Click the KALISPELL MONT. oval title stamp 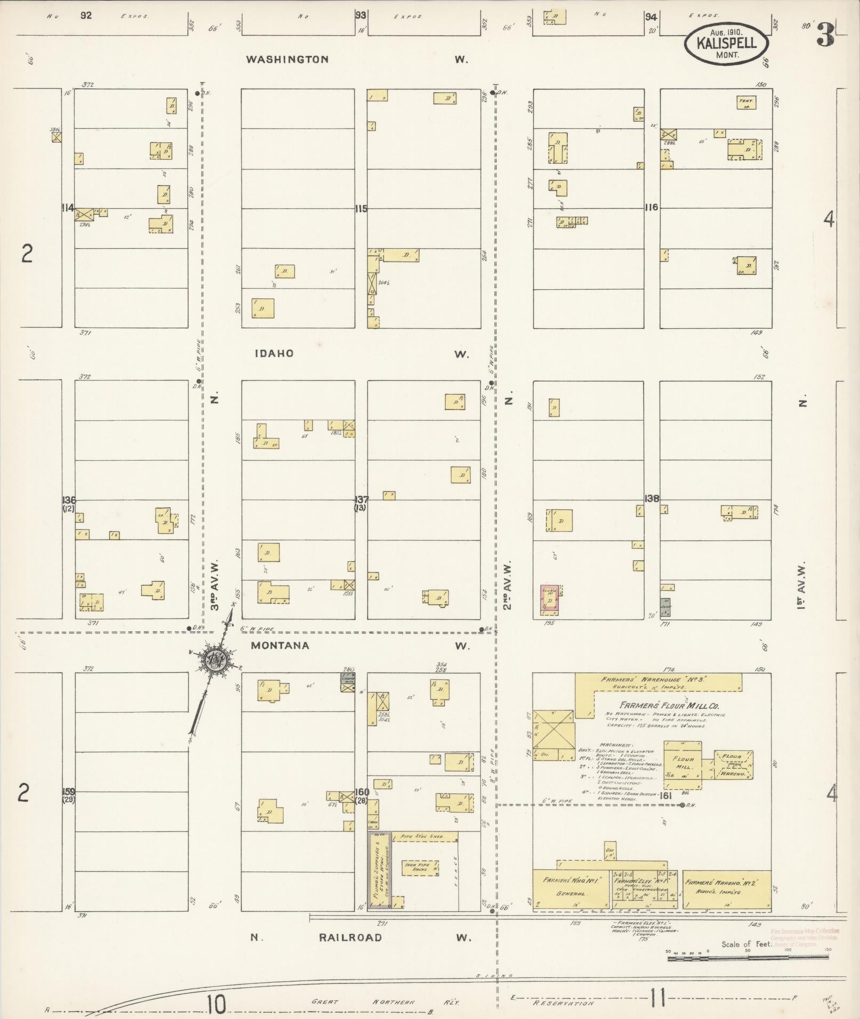pyautogui.click(x=727, y=43)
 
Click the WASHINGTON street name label pyautogui.click(x=287, y=60)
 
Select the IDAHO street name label pyautogui.click(x=274, y=354)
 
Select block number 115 pyautogui.click(x=361, y=209)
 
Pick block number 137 pyautogui.click(x=361, y=500)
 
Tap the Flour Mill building pyautogui.click(x=682, y=763)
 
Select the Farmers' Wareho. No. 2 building pyautogui.click(x=727, y=888)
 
